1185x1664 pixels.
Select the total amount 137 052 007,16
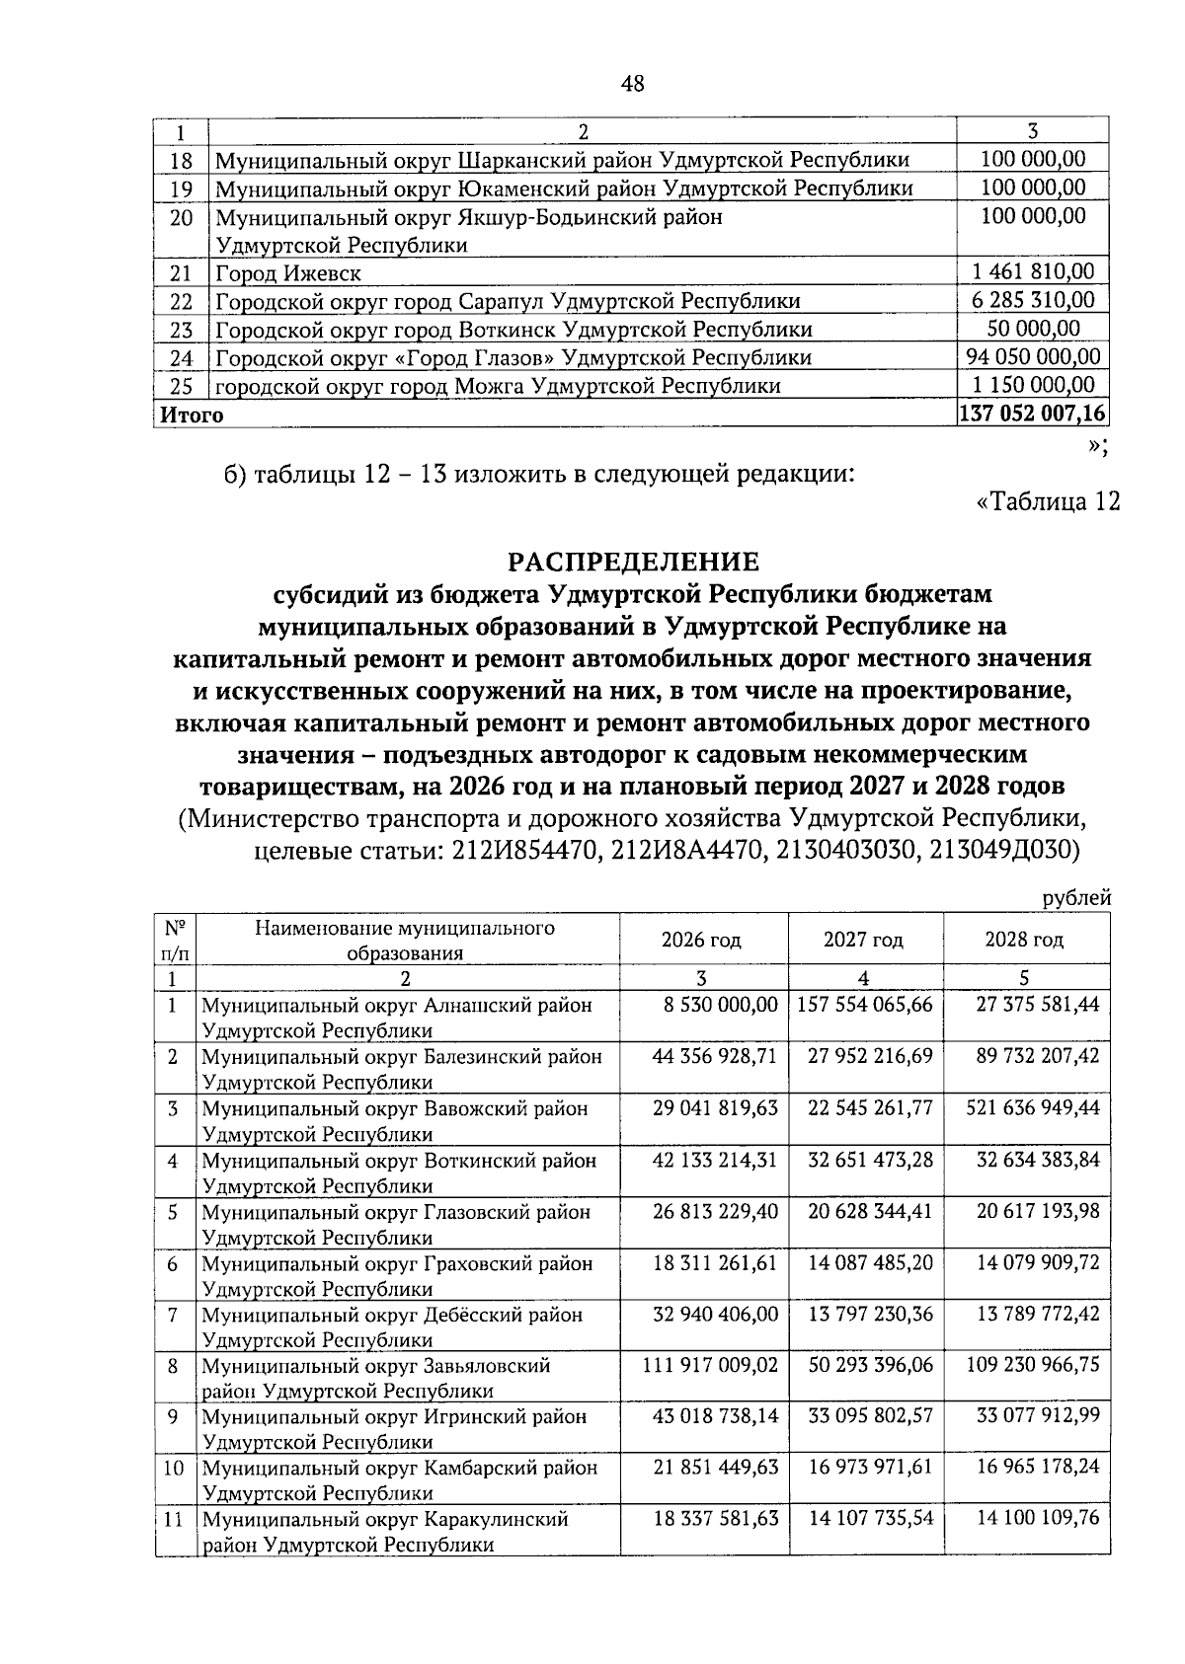coord(1032,414)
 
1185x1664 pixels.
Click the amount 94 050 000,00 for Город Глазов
coord(1032,357)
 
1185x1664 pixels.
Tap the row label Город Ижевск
coord(288,273)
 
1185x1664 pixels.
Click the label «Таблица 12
coord(1048,501)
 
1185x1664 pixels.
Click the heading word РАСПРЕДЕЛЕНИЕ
coord(633,562)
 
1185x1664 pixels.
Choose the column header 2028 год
coord(1024,940)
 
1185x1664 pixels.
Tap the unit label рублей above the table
coord(1077,898)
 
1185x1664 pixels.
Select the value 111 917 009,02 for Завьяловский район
coord(711,1365)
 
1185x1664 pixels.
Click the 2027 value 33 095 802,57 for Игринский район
coord(870,1416)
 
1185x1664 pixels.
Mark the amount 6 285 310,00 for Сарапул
coord(1032,301)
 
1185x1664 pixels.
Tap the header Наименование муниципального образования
coord(405,941)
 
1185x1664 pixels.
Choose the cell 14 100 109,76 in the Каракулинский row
coord(1038,1519)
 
